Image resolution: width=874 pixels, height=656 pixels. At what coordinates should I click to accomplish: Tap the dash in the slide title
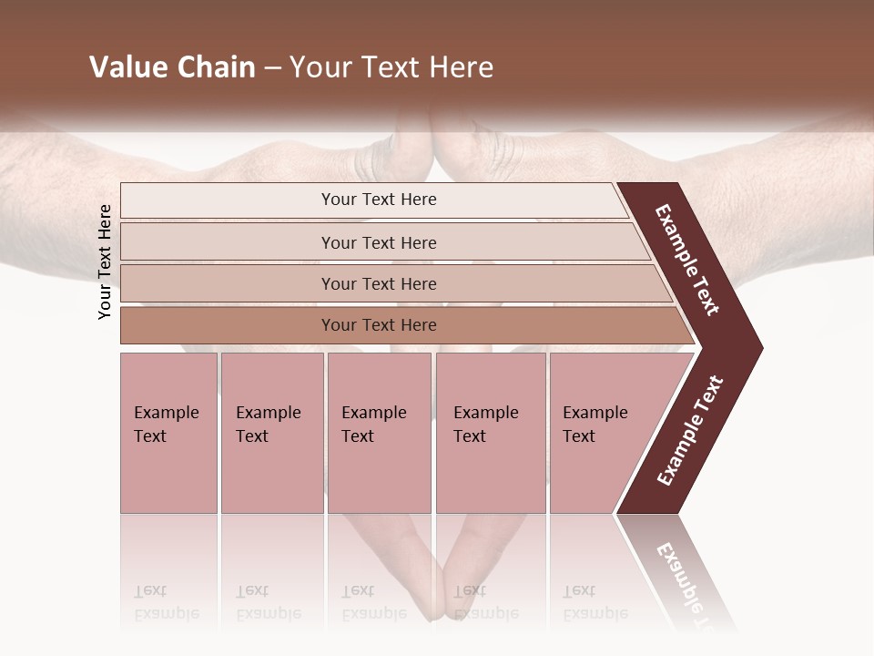[272, 68]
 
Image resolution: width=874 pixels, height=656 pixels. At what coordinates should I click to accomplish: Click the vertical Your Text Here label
[105, 262]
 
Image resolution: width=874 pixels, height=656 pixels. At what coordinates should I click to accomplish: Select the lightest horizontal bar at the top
[373, 200]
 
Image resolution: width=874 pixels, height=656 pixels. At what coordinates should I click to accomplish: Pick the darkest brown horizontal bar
[401, 325]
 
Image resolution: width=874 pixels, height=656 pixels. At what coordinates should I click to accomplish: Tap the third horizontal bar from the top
[391, 283]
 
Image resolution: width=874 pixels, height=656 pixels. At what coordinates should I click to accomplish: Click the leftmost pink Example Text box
[168, 433]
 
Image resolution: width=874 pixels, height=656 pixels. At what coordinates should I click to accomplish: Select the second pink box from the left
[271, 433]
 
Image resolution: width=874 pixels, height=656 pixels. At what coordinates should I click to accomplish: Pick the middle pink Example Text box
[379, 433]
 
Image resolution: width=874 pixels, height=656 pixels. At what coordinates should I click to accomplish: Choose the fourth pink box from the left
[490, 433]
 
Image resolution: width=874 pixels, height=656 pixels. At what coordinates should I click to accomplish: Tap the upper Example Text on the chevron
[687, 260]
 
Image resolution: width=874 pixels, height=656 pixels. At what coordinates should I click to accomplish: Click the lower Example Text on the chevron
[690, 431]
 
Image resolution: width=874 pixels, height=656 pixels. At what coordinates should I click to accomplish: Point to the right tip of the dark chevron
[760, 347]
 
